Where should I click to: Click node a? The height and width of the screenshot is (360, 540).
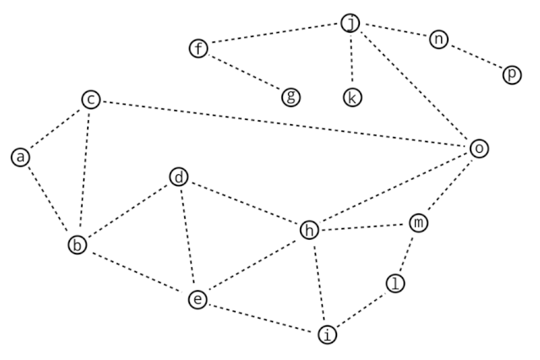point(21,156)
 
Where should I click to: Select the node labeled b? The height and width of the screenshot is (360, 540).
point(78,245)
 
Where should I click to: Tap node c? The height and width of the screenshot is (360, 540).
point(91,100)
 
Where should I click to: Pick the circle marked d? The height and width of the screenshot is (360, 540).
point(178,177)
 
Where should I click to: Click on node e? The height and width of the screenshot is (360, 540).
point(197,298)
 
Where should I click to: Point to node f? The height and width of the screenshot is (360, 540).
point(199,48)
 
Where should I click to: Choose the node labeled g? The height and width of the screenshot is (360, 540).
point(291,96)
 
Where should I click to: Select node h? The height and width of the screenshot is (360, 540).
point(310,229)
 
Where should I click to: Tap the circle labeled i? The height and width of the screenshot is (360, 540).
point(328,334)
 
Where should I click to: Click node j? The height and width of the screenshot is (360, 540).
point(352,24)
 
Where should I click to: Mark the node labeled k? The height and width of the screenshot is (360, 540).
point(352,96)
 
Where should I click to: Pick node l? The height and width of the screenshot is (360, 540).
point(395,283)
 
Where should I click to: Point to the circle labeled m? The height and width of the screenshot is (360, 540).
point(418,223)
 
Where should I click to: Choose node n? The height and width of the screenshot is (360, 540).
point(438,39)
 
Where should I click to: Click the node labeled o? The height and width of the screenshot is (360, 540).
point(479,149)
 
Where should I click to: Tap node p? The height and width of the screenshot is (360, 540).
point(511,75)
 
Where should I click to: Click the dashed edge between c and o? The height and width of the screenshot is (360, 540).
point(285,124)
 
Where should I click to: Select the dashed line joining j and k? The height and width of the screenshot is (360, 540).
point(352,60)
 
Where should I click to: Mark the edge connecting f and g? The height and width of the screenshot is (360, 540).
point(245,73)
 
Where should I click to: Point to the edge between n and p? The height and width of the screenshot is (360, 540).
point(475,57)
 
